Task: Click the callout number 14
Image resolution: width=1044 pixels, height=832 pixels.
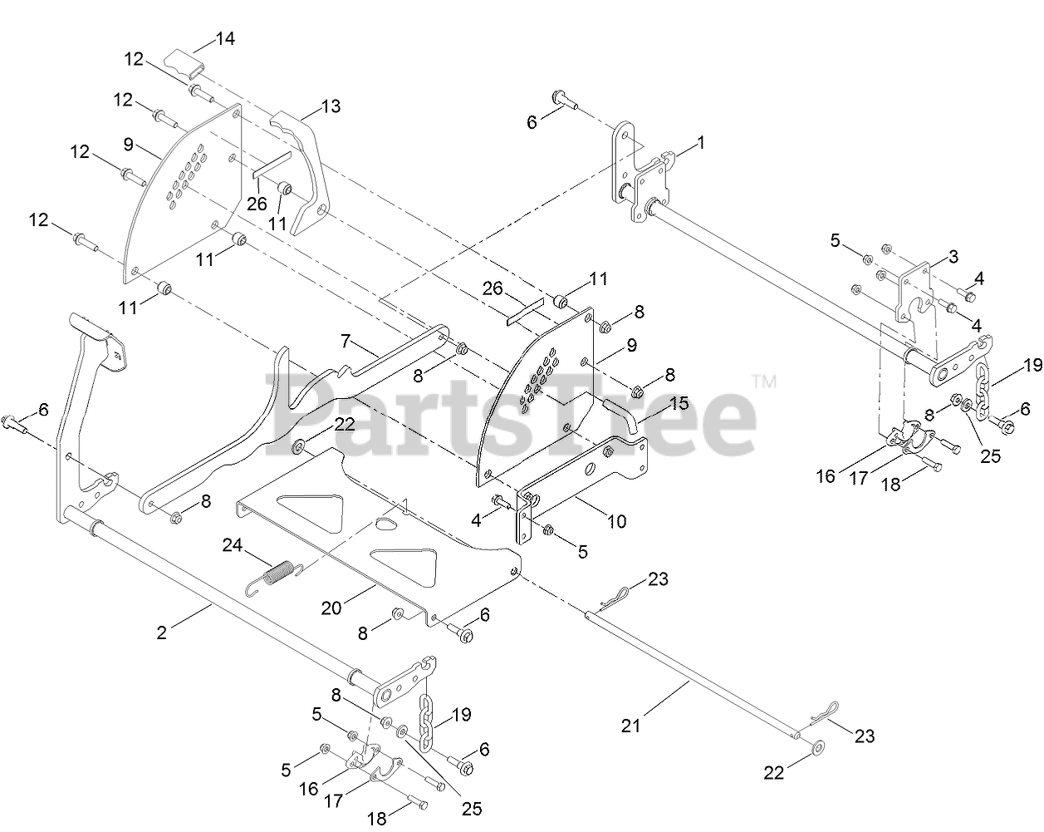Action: [225, 37]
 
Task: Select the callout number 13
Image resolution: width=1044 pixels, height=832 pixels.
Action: [331, 106]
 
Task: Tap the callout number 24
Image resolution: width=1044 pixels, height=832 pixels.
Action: [233, 545]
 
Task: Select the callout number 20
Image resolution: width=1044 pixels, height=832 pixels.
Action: [331, 608]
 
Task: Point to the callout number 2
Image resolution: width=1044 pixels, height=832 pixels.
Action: [161, 633]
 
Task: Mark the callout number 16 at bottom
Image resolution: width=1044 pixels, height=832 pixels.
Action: [308, 788]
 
